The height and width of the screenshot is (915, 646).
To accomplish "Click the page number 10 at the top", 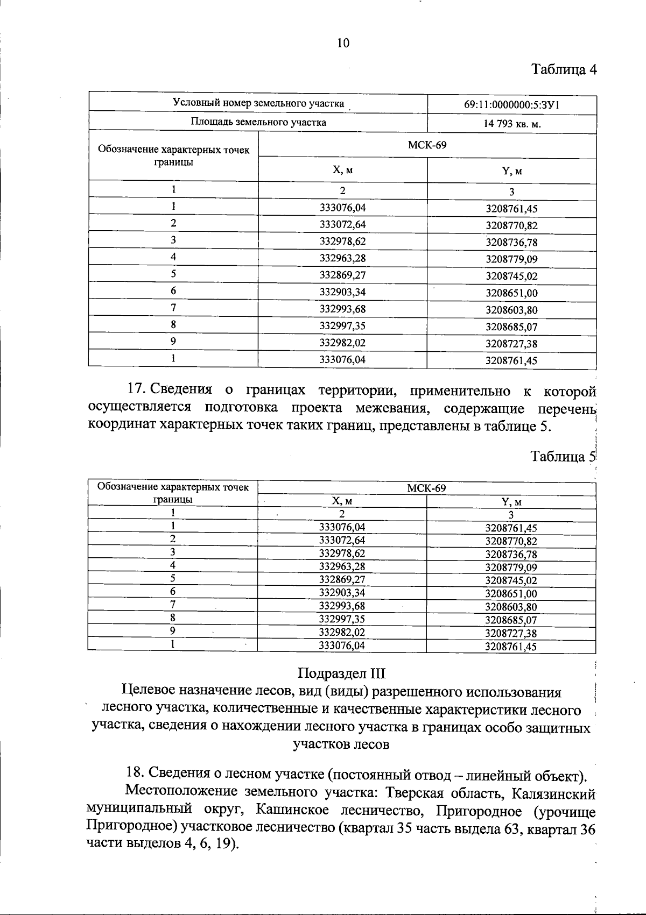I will pos(343,44).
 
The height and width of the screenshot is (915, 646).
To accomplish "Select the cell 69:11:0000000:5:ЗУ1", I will pos(511,105).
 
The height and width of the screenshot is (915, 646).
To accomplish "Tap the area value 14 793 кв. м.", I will pos(511,124).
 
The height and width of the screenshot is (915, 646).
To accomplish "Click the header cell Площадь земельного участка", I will pos(258,122).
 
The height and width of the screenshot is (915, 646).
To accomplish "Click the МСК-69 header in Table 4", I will pos(427,145).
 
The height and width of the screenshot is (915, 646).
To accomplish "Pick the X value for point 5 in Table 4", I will pos(342,275).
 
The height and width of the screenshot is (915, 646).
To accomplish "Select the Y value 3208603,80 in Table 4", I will pos(511,310).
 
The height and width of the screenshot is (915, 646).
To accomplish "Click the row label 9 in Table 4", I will pos(173,342).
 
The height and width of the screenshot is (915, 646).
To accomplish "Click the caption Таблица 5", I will pos(563,457).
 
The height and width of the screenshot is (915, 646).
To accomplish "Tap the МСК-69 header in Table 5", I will pos(426,488).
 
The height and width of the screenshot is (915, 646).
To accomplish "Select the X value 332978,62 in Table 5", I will pos(342,553).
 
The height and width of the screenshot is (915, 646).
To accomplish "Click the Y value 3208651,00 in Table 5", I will pos(511,593).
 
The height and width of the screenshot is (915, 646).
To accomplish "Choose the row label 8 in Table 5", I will pos(173,618).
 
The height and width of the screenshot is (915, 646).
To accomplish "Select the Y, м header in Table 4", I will pos(511,171).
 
